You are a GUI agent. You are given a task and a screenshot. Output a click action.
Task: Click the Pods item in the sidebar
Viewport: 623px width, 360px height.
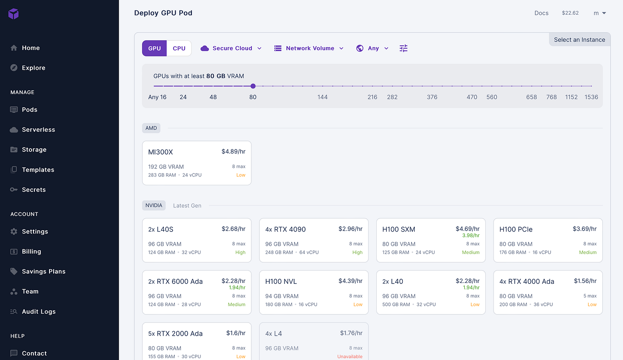click(29, 110)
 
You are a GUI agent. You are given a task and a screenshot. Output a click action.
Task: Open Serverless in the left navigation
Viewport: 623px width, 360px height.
click(38, 130)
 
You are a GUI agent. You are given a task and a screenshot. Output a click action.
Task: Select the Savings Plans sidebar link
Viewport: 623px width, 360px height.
click(43, 271)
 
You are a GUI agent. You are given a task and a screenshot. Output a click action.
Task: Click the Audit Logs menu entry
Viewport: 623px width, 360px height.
click(39, 311)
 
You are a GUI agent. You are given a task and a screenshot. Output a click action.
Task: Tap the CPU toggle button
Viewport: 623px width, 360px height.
click(179, 48)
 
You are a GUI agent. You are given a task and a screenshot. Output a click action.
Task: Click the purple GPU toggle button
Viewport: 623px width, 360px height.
click(155, 48)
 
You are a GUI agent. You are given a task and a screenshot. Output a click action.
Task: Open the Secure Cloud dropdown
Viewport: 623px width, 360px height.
click(231, 48)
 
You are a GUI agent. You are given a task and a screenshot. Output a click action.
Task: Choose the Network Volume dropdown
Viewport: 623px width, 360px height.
click(309, 48)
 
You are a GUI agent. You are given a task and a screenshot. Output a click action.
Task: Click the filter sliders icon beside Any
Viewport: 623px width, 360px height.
click(403, 48)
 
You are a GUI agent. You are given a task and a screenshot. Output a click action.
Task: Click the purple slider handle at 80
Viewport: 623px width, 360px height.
click(253, 86)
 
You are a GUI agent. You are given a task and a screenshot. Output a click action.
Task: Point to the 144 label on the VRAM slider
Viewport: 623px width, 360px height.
click(323, 97)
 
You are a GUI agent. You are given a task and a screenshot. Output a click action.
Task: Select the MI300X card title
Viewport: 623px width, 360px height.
click(161, 152)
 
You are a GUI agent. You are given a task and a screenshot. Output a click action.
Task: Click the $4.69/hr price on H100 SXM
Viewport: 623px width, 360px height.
click(467, 229)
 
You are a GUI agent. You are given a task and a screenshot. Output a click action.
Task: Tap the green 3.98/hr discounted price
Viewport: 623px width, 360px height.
click(471, 236)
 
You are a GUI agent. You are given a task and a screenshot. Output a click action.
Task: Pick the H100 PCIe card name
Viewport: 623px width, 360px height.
click(516, 229)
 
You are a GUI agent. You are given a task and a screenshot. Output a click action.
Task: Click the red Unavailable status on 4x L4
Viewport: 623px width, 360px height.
click(350, 356)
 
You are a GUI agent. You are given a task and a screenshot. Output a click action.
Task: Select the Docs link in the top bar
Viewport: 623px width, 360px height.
click(541, 13)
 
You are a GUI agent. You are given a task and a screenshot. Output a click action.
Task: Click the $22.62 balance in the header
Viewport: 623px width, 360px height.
click(570, 13)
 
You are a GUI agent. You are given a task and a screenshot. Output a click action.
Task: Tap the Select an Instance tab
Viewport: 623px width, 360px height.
click(579, 39)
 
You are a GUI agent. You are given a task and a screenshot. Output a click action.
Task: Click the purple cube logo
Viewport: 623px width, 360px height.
click(14, 14)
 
